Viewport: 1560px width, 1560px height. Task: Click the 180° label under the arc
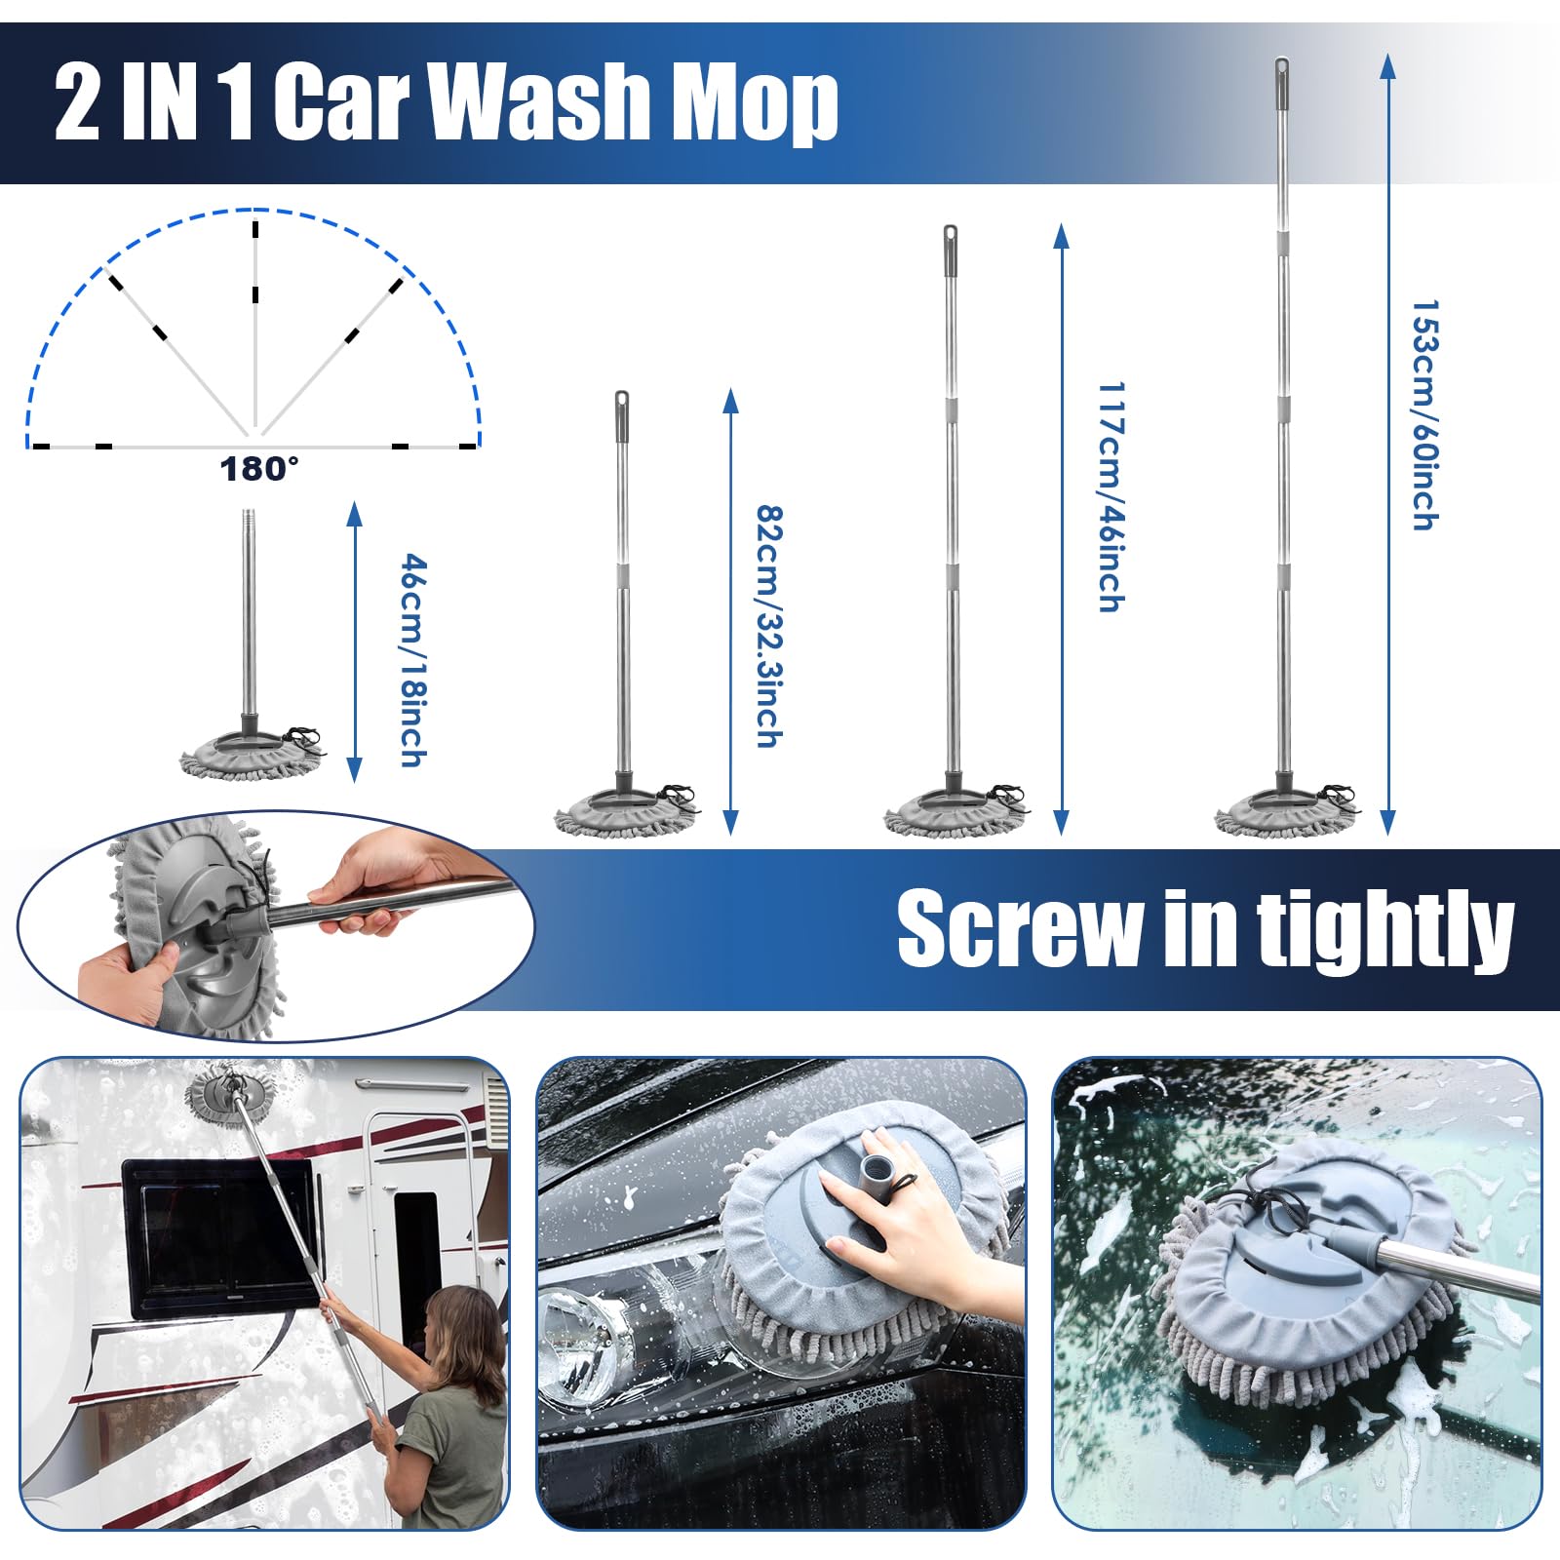pyautogui.click(x=258, y=469)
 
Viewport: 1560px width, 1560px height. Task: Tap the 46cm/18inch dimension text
pyautogui.click(x=413, y=660)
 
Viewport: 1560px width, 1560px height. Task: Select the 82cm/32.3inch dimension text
pyautogui.click(x=769, y=626)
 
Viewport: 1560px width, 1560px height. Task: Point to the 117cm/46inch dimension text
pyautogui.click(x=1111, y=497)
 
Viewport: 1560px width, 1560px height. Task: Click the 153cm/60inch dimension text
pyautogui.click(x=1425, y=415)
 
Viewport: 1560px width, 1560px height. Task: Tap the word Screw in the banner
pyautogui.click(x=1020, y=930)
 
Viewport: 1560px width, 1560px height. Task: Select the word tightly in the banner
pyautogui.click(x=1384, y=930)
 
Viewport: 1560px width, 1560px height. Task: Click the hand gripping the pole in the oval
pyautogui.click(x=375, y=882)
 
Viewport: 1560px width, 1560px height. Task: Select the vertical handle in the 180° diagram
pyautogui.click(x=254, y=331)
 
